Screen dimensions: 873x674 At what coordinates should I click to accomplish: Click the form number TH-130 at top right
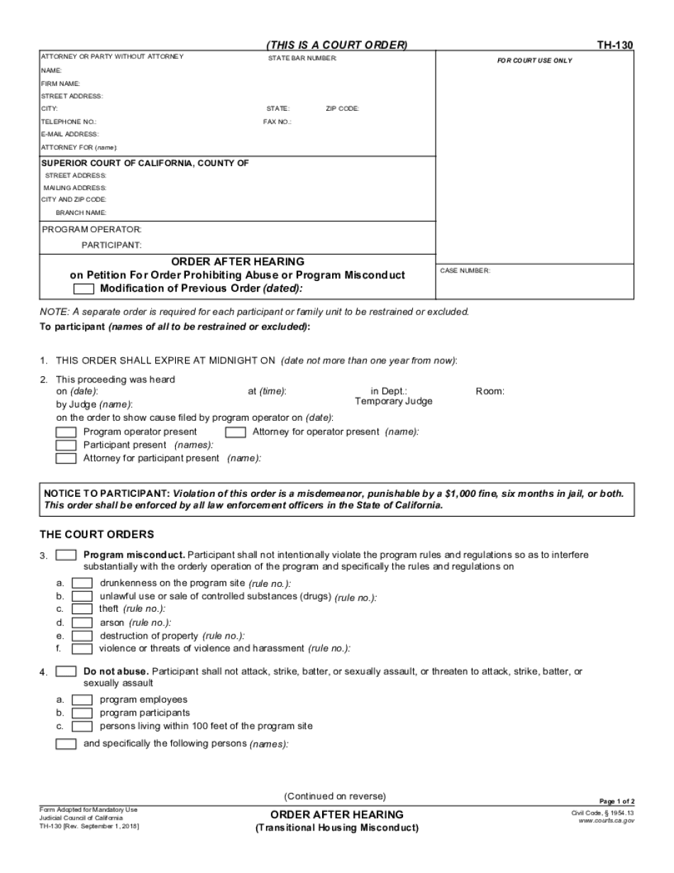[x=614, y=45]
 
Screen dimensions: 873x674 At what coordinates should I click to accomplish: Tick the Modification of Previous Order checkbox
[x=84, y=289]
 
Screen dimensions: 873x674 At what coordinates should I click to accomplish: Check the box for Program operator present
[x=66, y=432]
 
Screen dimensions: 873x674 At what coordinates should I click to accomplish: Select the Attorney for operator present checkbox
[x=235, y=432]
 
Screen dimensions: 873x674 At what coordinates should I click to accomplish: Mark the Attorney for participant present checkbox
[x=66, y=459]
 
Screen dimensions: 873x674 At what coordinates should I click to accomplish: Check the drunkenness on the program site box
[x=82, y=583]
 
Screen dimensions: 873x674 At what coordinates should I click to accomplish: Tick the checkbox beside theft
[x=82, y=609]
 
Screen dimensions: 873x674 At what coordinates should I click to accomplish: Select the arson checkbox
[x=82, y=622]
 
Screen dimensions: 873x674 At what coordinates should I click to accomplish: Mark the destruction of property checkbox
[x=82, y=636]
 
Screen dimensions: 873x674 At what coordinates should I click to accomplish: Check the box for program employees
[x=82, y=700]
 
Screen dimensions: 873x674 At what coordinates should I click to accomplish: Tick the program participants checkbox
[x=82, y=713]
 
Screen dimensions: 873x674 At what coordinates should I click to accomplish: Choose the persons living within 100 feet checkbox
[x=82, y=727]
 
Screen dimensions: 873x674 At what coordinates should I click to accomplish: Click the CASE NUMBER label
[x=465, y=270]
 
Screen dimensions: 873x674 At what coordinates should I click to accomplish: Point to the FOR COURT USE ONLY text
[x=534, y=61]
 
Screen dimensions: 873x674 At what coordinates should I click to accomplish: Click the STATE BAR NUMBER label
[x=302, y=57]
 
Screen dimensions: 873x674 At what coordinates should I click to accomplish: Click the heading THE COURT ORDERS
[x=96, y=534]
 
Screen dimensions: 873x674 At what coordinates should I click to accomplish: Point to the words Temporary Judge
[x=393, y=401]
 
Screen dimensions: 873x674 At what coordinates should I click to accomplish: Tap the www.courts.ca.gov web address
[x=607, y=820]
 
